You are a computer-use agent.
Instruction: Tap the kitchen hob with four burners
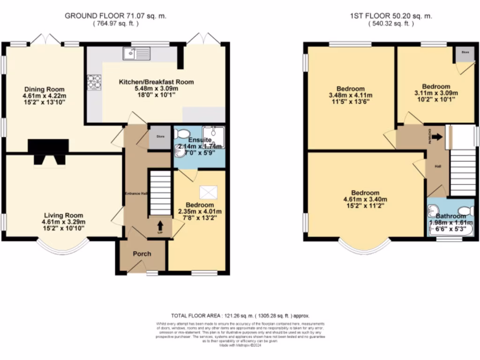pyautogui.click(x=94, y=82)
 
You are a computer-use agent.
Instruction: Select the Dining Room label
pyautogui.click(x=45, y=90)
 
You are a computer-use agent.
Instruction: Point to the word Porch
pyautogui.click(x=142, y=254)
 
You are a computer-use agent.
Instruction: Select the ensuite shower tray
pyautogui.click(x=213, y=137)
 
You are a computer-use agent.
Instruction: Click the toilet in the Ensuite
pyautogui.click(x=180, y=134)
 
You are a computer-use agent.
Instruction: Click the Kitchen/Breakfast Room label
pyautogui.click(x=156, y=82)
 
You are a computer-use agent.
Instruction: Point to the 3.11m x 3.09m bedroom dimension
pyautogui.click(x=436, y=93)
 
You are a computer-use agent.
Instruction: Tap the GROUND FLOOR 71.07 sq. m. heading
pyautogui.click(x=115, y=16)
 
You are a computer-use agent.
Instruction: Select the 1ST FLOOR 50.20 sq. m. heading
pyautogui.click(x=391, y=16)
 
